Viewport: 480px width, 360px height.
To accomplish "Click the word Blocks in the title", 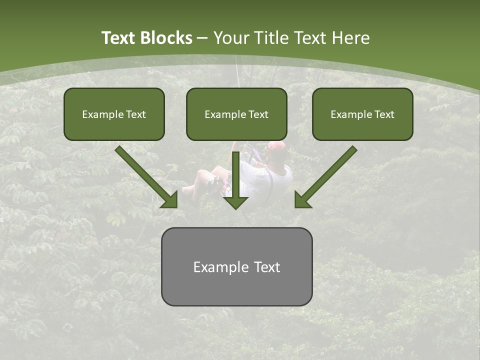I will point(166,38).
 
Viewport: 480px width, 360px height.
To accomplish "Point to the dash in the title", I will point(202,38).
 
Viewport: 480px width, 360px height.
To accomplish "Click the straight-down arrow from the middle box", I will point(236,182).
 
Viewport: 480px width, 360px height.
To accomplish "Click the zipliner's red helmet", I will point(276,146).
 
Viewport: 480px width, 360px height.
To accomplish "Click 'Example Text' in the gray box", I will point(236,267).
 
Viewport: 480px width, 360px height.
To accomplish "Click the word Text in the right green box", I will point(384,114).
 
